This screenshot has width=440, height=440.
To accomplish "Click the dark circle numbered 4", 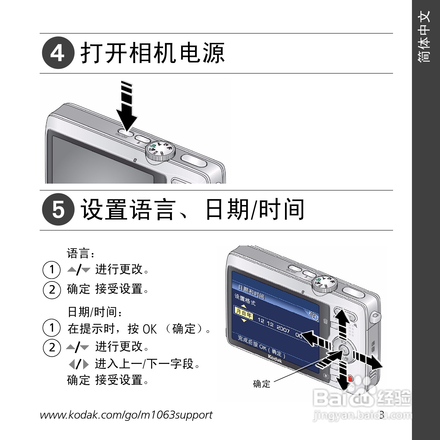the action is (58, 53).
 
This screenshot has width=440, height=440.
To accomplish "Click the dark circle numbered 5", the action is (58, 210).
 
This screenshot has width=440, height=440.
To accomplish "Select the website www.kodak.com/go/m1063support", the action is (126, 415).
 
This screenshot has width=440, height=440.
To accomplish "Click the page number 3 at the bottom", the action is (382, 415).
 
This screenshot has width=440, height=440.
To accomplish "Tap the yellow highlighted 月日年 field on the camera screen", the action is (244, 313).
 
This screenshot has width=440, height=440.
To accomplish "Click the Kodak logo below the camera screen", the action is (275, 358).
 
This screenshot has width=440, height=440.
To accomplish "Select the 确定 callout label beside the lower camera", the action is (262, 384).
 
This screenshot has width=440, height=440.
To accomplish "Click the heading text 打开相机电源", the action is (152, 53).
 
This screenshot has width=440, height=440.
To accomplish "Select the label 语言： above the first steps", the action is (81, 253).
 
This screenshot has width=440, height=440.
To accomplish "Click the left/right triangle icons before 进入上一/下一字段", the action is (79, 364).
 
